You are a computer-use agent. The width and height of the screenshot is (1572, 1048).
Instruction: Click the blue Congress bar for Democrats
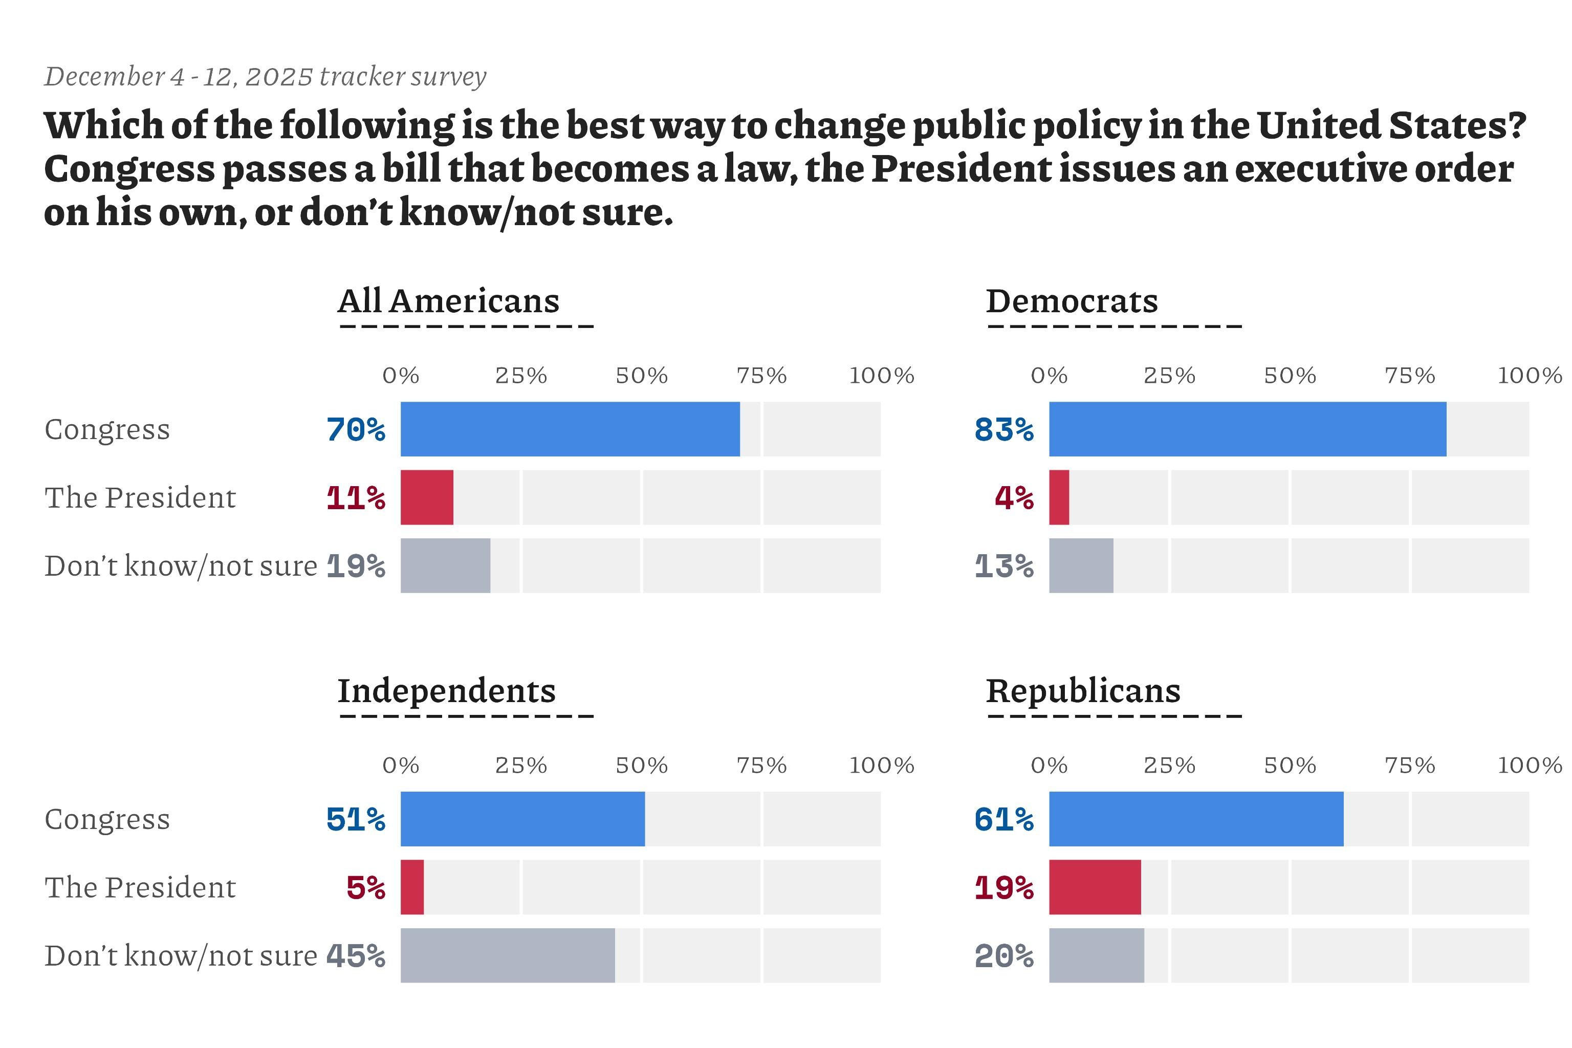tap(1247, 429)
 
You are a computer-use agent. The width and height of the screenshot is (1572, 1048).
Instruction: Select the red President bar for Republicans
tap(1095, 887)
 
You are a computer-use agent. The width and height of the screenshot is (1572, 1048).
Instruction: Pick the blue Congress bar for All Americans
tap(570, 429)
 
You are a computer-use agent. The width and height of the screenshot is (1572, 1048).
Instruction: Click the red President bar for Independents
tap(412, 887)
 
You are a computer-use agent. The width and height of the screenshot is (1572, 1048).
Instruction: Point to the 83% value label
tap(1004, 430)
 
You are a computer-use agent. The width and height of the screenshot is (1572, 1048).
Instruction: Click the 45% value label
tap(356, 956)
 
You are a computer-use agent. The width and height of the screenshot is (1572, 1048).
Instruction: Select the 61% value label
tap(1004, 819)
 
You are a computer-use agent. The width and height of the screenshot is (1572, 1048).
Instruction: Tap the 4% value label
tap(1014, 498)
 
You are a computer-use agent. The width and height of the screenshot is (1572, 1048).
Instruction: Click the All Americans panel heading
tap(448, 301)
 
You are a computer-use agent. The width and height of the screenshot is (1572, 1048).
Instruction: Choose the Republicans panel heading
tap(1083, 691)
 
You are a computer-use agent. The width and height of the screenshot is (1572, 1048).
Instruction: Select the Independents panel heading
tap(446, 691)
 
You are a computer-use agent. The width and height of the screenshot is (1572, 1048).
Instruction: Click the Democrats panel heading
tap(1072, 301)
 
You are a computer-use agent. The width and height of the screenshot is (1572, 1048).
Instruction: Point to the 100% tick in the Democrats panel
tap(1529, 376)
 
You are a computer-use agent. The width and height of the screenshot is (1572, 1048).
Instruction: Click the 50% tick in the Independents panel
tap(642, 766)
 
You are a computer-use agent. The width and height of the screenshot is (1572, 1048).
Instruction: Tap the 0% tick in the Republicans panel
tap(1049, 766)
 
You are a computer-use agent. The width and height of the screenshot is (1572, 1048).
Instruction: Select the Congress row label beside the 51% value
tap(107, 819)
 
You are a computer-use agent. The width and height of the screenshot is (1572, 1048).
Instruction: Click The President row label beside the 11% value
tap(140, 498)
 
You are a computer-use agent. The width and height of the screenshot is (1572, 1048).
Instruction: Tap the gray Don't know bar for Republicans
tap(1096, 955)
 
